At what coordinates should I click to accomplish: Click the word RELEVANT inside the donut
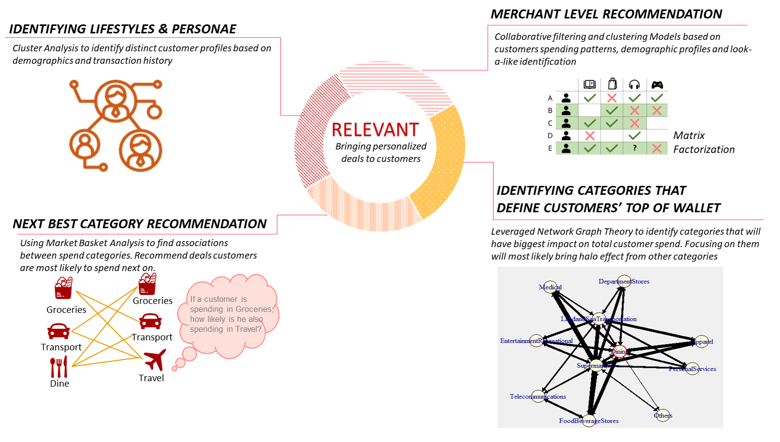pyautogui.click(x=375, y=130)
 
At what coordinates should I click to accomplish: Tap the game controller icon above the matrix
pyautogui.click(x=657, y=85)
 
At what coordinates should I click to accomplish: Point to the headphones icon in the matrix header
pyautogui.click(x=634, y=85)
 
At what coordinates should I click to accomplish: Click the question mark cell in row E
pyautogui.click(x=634, y=148)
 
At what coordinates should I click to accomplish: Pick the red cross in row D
pyautogui.click(x=590, y=136)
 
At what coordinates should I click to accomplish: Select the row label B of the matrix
pyautogui.click(x=550, y=111)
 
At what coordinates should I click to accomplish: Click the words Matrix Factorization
pyautogui.click(x=703, y=143)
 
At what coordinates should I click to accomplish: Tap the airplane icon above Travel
pyautogui.click(x=155, y=360)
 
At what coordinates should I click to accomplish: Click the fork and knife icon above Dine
pyautogui.click(x=59, y=367)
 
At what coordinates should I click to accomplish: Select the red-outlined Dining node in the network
pyautogui.click(x=619, y=351)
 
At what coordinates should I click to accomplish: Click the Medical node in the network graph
pyautogui.click(x=551, y=288)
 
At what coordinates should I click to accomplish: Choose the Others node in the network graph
pyautogui.click(x=663, y=415)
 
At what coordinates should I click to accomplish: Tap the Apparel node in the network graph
pyautogui.click(x=702, y=342)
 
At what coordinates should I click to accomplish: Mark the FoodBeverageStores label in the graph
pyautogui.click(x=588, y=421)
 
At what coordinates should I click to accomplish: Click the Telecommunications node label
pyautogui.click(x=538, y=397)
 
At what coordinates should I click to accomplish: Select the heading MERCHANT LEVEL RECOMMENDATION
pyautogui.click(x=606, y=14)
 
